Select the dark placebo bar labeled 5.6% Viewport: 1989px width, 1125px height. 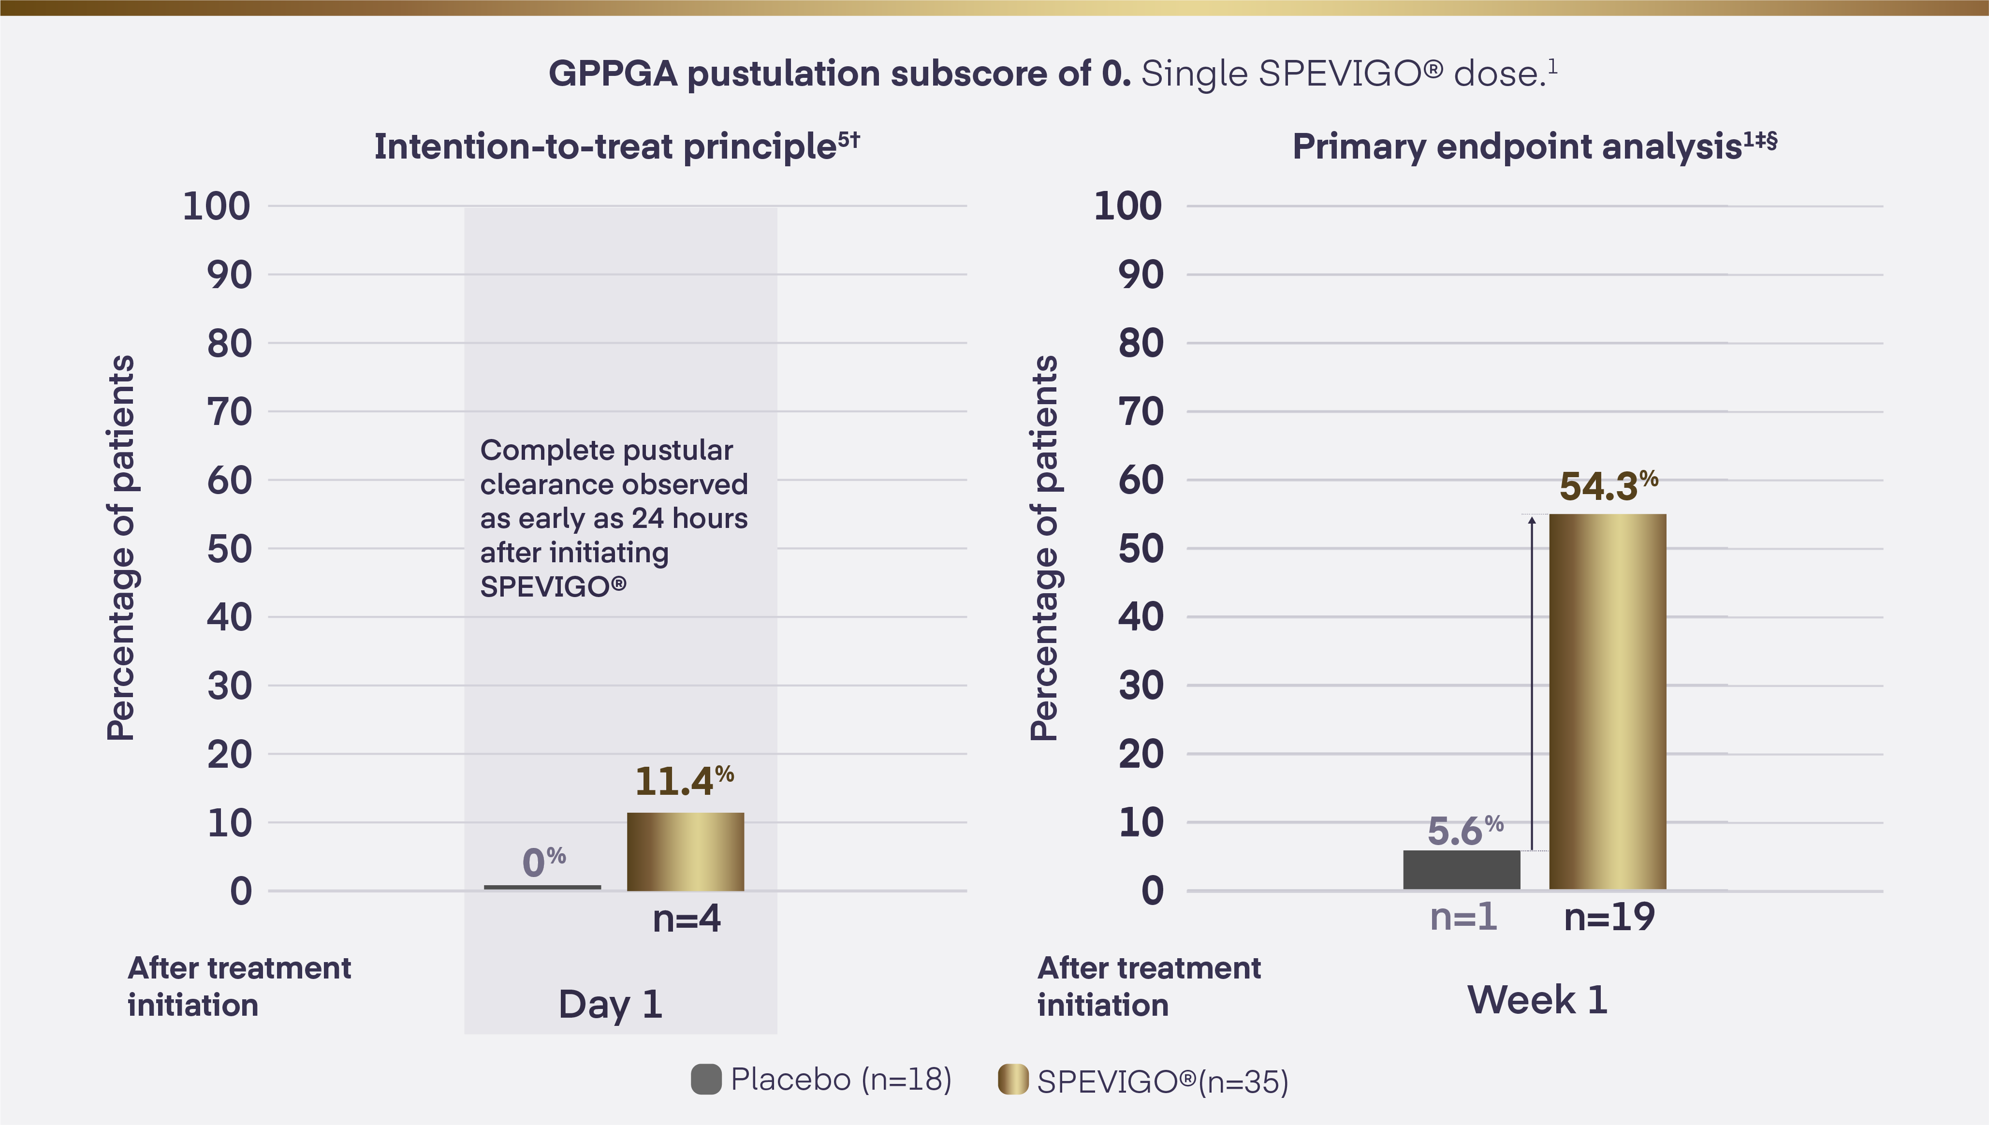1462,870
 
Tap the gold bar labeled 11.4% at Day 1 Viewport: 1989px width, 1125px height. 685,851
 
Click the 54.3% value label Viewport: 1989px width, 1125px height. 1608,486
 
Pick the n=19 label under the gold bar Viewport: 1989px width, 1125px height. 1609,917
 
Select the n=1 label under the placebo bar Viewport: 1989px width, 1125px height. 1463,917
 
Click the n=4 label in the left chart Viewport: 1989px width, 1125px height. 686,919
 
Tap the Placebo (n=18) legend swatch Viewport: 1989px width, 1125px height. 706,1080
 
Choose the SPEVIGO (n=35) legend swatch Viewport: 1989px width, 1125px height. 1013,1080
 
